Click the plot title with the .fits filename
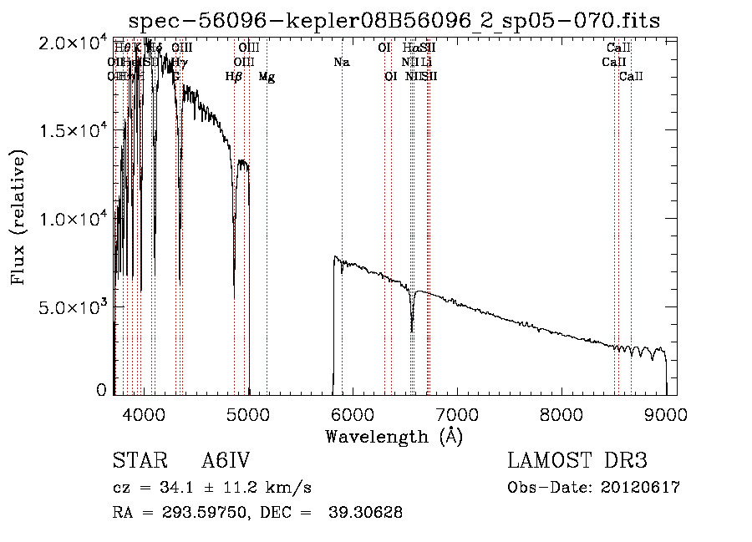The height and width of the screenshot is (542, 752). [394, 21]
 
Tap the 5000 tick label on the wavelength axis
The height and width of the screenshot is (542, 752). [248, 414]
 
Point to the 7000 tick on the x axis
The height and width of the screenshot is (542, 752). [457, 414]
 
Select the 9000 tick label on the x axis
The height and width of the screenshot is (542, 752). [666, 414]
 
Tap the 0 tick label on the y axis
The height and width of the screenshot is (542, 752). [102, 390]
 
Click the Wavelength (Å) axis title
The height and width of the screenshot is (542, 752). [394, 436]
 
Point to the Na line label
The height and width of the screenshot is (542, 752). [341, 63]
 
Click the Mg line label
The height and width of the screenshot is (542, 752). [267, 77]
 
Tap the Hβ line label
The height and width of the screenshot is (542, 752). [234, 77]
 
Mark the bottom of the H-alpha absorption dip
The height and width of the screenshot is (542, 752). [412, 330]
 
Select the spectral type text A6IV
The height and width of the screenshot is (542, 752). [226, 461]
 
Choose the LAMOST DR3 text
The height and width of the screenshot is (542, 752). [577, 461]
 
